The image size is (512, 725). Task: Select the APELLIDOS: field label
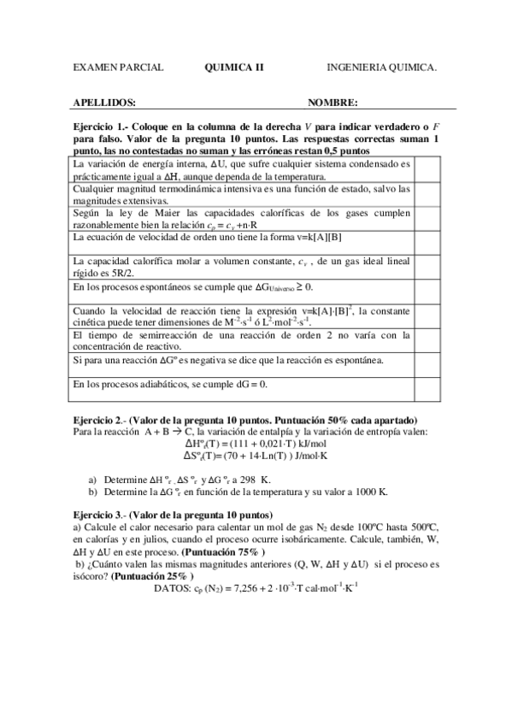tap(105, 103)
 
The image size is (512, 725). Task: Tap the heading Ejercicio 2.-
tap(103, 420)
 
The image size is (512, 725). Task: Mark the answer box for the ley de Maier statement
tap(427, 218)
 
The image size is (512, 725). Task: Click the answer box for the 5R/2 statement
tap(427, 268)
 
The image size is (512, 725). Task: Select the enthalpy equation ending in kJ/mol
tap(256, 445)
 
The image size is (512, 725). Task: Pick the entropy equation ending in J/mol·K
tap(256, 457)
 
